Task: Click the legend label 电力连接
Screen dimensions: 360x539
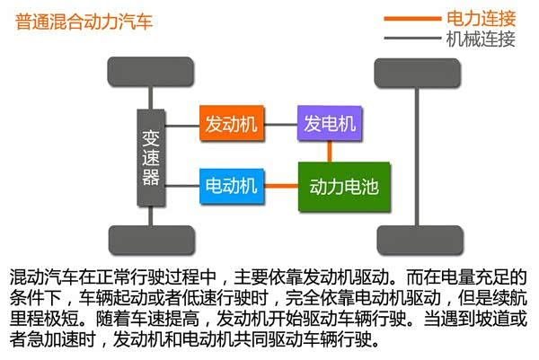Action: [x=480, y=18]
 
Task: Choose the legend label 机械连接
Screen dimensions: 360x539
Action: [x=480, y=39]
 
